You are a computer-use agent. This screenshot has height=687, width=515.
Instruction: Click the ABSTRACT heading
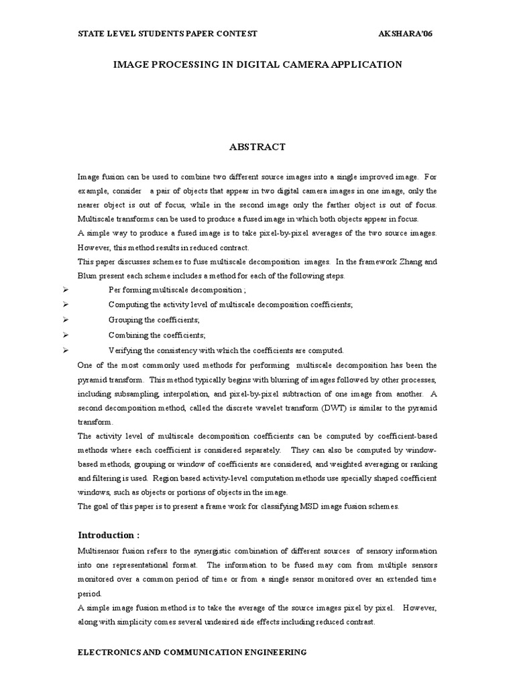click(x=257, y=147)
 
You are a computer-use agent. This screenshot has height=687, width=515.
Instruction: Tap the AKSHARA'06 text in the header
click(x=406, y=34)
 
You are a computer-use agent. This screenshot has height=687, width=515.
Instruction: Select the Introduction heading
click(x=109, y=535)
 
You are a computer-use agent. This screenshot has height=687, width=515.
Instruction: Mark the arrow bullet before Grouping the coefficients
click(x=65, y=320)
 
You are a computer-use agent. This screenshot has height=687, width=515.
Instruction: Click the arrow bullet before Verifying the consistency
click(x=65, y=350)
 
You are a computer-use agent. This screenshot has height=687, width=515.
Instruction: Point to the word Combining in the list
click(x=127, y=335)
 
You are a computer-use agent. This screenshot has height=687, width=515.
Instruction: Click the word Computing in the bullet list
click(x=128, y=305)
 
